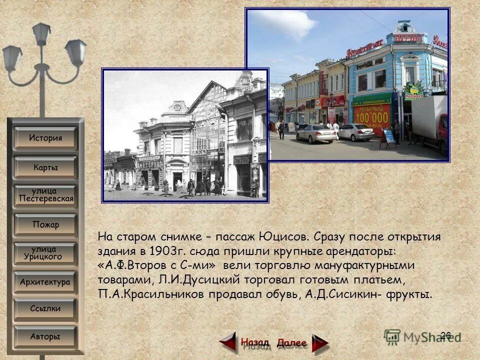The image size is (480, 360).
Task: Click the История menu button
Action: coord(45,138)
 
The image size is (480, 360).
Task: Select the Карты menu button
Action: coord(45,167)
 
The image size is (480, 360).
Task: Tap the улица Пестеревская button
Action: coord(45,195)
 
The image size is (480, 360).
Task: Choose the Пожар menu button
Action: coord(45,224)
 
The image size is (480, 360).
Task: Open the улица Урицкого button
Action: coord(45,253)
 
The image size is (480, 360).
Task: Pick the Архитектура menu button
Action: coord(45,282)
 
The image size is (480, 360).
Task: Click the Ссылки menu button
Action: coord(45,308)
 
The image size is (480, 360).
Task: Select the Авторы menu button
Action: coord(45,336)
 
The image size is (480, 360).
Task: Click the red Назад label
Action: coord(254,342)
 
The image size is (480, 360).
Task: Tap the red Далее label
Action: coord(291,343)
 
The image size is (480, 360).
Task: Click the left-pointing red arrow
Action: coord(228,343)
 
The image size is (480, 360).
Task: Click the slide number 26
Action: coord(446,335)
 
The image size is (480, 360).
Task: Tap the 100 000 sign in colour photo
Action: coord(371,116)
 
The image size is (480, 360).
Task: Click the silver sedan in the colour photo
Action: coord(316,133)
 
